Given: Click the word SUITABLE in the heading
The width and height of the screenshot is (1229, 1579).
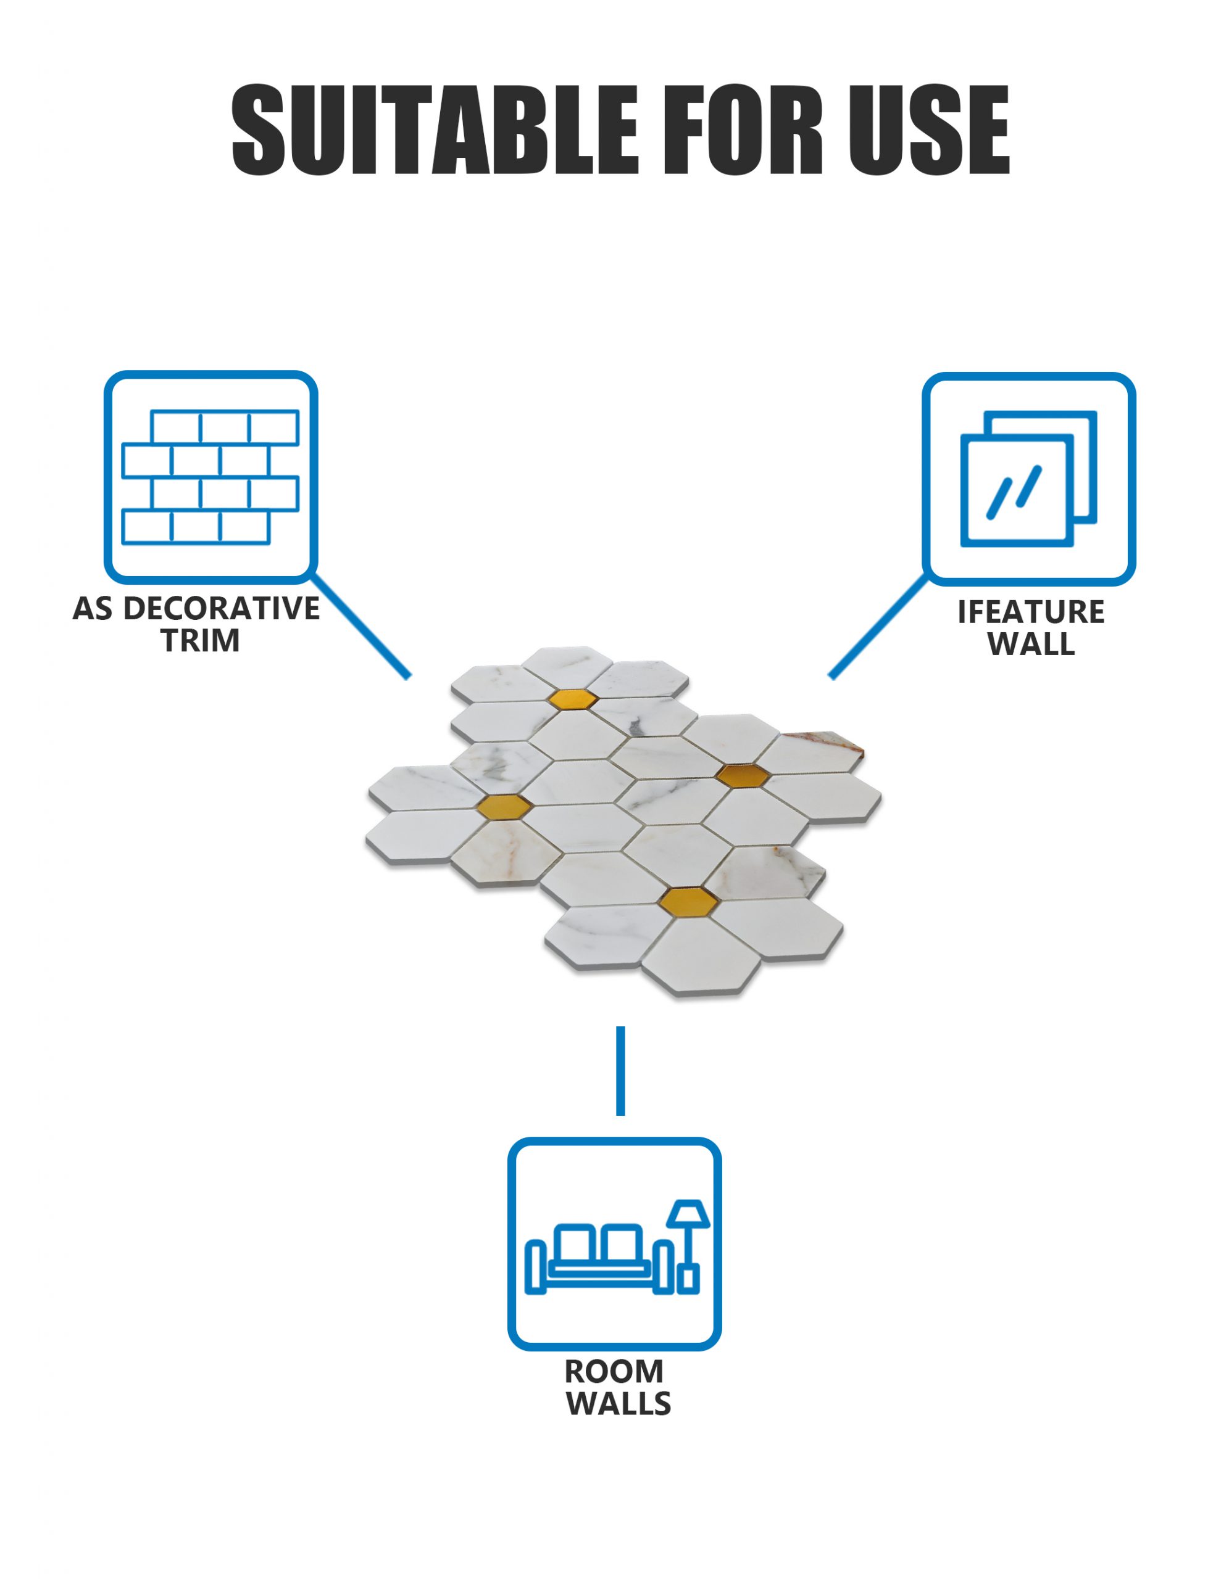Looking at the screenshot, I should click(434, 130).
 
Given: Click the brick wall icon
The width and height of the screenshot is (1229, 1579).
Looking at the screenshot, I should click(210, 477).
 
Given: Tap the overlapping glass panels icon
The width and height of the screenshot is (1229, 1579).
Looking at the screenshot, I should click(1028, 479).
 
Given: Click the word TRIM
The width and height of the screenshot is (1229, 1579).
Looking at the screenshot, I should click(201, 641).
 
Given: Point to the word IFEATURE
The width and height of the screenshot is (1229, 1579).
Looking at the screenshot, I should click(1031, 612).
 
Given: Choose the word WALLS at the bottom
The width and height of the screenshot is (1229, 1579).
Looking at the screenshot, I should click(619, 1404).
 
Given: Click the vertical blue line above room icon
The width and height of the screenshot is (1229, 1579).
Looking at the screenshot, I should click(620, 1071).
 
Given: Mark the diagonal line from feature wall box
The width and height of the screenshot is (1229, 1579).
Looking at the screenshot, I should click(877, 627).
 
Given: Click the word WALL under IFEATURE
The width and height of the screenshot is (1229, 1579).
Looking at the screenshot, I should click(1031, 644).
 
